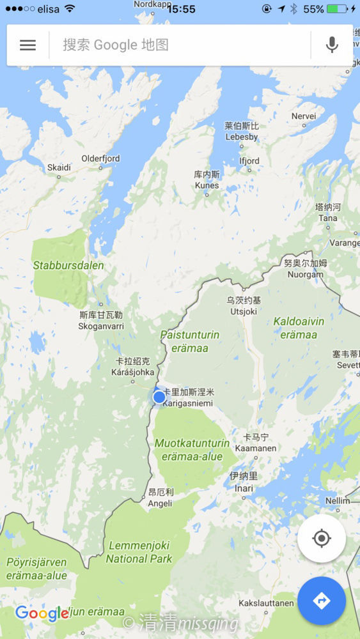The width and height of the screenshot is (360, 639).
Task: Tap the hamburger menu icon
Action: point(27,45)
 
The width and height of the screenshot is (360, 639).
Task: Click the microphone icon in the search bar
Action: point(331,45)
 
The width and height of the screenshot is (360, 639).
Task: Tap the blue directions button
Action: point(321,601)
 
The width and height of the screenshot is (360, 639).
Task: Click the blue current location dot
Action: point(159,397)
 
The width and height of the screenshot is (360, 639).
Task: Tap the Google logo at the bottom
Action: point(42,613)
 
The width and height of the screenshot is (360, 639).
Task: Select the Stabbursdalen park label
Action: point(68,265)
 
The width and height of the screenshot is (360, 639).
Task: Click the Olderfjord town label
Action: point(100,159)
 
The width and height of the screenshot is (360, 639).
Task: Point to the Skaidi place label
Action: point(59,168)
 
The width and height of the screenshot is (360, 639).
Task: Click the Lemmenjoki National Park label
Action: point(139,552)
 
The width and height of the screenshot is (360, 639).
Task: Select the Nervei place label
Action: point(304,116)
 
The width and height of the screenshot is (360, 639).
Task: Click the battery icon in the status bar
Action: point(337,9)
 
